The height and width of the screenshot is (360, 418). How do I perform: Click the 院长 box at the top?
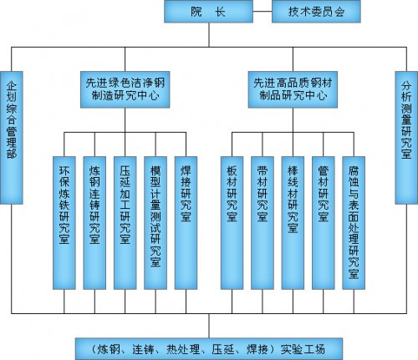click(208, 12)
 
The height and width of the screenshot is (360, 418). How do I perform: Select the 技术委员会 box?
click(316, 12)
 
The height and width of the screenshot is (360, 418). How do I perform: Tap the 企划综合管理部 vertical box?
click(12, 138)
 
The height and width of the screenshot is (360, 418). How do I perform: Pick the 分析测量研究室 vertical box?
click(406, 138)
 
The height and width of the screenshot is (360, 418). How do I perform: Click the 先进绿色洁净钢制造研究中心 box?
click(125, 89)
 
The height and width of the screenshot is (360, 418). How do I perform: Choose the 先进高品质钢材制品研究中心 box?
click(293, 89)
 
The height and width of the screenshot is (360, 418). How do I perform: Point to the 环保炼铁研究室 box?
click(64, 223)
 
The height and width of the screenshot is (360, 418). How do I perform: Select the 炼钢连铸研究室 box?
click(94, 223)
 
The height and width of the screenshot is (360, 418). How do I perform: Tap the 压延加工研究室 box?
click(125, 223)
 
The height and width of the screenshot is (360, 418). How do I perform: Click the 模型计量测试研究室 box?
click(155, 223)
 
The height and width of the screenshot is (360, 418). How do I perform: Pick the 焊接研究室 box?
click(186, 223)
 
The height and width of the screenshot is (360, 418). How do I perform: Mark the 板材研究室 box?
click(232, 223)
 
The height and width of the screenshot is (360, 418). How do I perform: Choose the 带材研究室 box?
click(263, 223)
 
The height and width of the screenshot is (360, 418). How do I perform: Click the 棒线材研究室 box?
click(293, 223)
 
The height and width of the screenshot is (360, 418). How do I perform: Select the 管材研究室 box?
click(324, 223)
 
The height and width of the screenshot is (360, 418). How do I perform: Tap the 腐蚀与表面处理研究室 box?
click(354, 223)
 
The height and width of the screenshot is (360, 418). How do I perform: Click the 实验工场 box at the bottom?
click(209, 349)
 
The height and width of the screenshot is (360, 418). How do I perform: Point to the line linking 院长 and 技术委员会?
click(263, 12)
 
